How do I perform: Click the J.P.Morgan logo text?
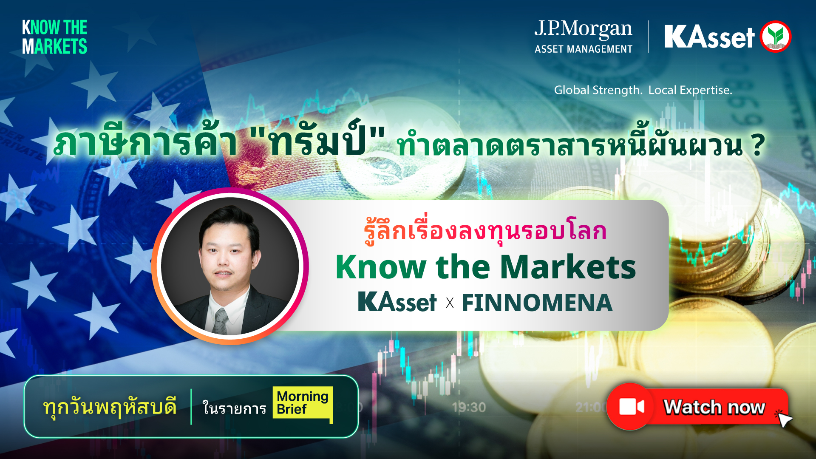[x=583, y=29]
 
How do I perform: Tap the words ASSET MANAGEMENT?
[x=583, y=49]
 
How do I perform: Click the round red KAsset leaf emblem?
[x=775, y=37]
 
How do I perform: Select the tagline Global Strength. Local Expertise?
[x=643, y=90]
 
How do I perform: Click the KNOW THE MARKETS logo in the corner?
[x=54, y=37]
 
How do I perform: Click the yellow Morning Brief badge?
[x=302, y=403]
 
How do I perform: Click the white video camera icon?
[x=632, y=407]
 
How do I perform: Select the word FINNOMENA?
[x=537, y=303]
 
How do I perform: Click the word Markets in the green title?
[x=568, y=267]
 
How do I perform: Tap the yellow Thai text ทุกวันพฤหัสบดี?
[x=110, y=407]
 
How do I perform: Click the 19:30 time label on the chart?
[x=469, y=407]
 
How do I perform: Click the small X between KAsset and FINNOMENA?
[x=450, y=303]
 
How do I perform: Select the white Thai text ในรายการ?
[x=234, y=408]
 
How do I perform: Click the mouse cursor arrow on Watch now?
[x=785, y=419]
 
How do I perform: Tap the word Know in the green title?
[x=381, y=267]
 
